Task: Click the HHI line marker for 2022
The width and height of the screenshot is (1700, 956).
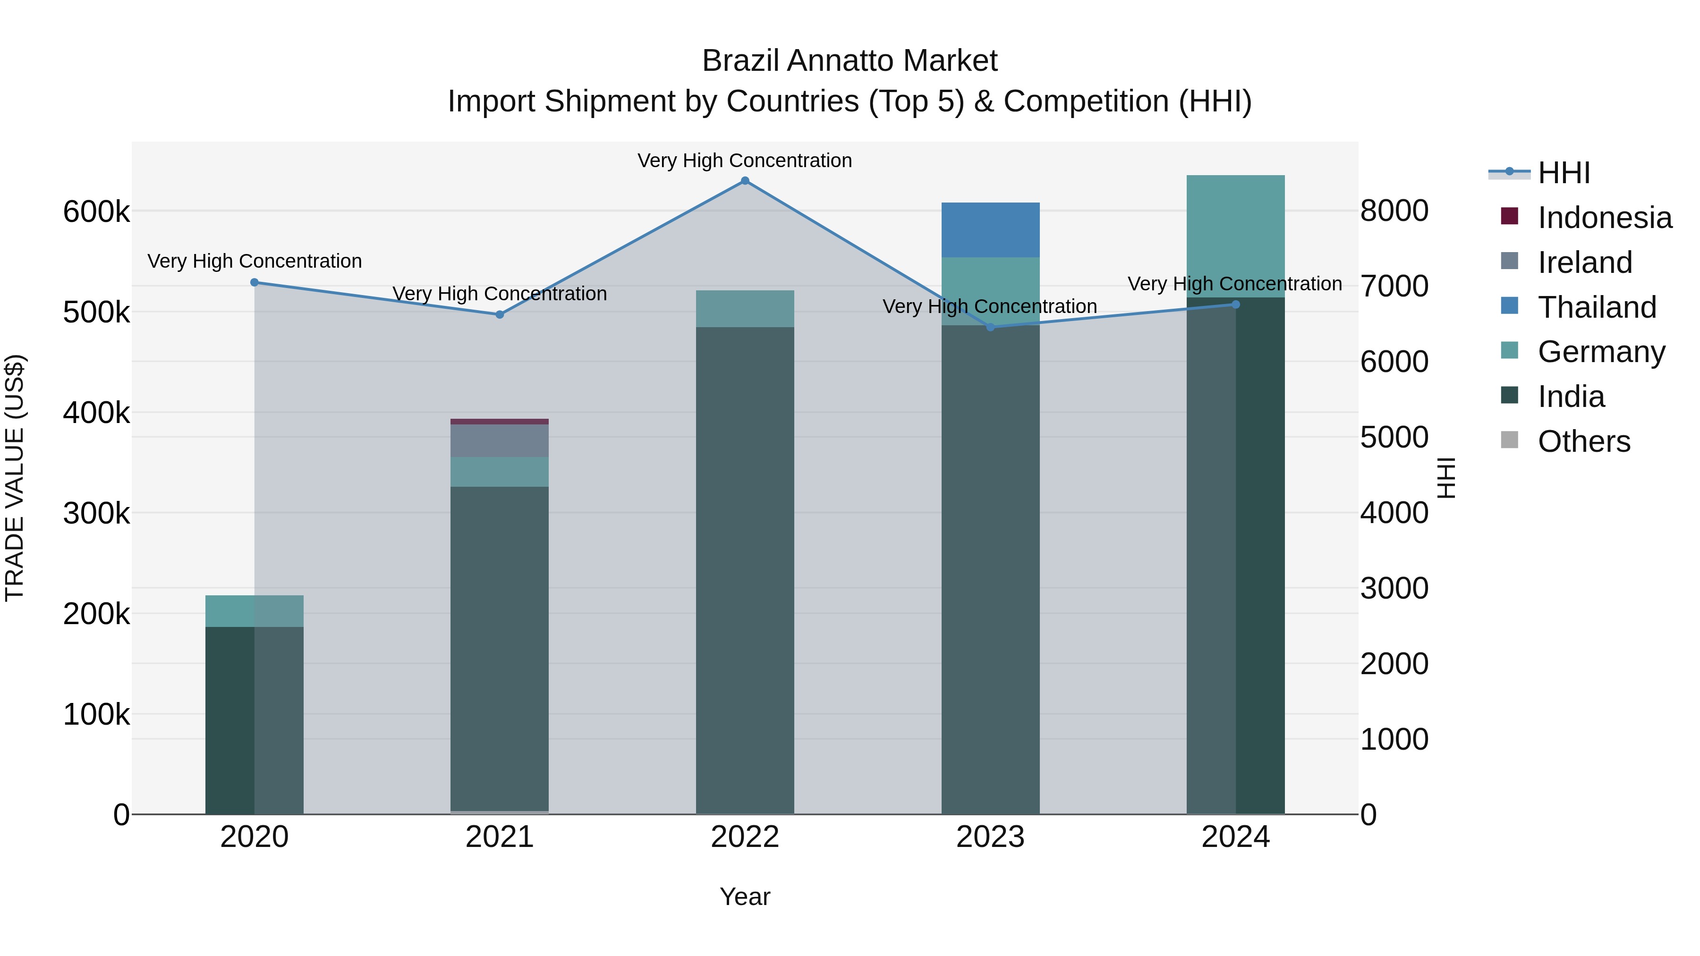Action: coord(745,181)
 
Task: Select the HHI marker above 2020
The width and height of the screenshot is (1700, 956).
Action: coord(255,282)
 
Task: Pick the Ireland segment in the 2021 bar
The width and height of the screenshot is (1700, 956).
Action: coord(500,441)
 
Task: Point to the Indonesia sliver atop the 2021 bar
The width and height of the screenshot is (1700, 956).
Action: coord(500,422)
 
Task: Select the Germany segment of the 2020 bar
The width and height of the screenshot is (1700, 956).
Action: coord(254,611)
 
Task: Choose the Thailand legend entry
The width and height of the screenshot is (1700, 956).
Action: coord(1597,307)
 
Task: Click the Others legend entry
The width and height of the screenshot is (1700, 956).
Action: coord(1583,441)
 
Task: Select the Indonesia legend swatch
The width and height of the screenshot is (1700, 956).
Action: coord(1509,216)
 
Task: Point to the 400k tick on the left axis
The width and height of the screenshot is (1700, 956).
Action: coord(96,413)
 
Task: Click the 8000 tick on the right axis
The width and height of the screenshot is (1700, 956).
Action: coord(1394,211)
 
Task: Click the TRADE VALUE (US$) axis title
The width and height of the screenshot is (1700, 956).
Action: coord(15,478)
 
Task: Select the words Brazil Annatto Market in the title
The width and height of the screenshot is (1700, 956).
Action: coord(850,61)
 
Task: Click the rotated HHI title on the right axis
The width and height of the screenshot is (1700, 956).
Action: coord(1446,478)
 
